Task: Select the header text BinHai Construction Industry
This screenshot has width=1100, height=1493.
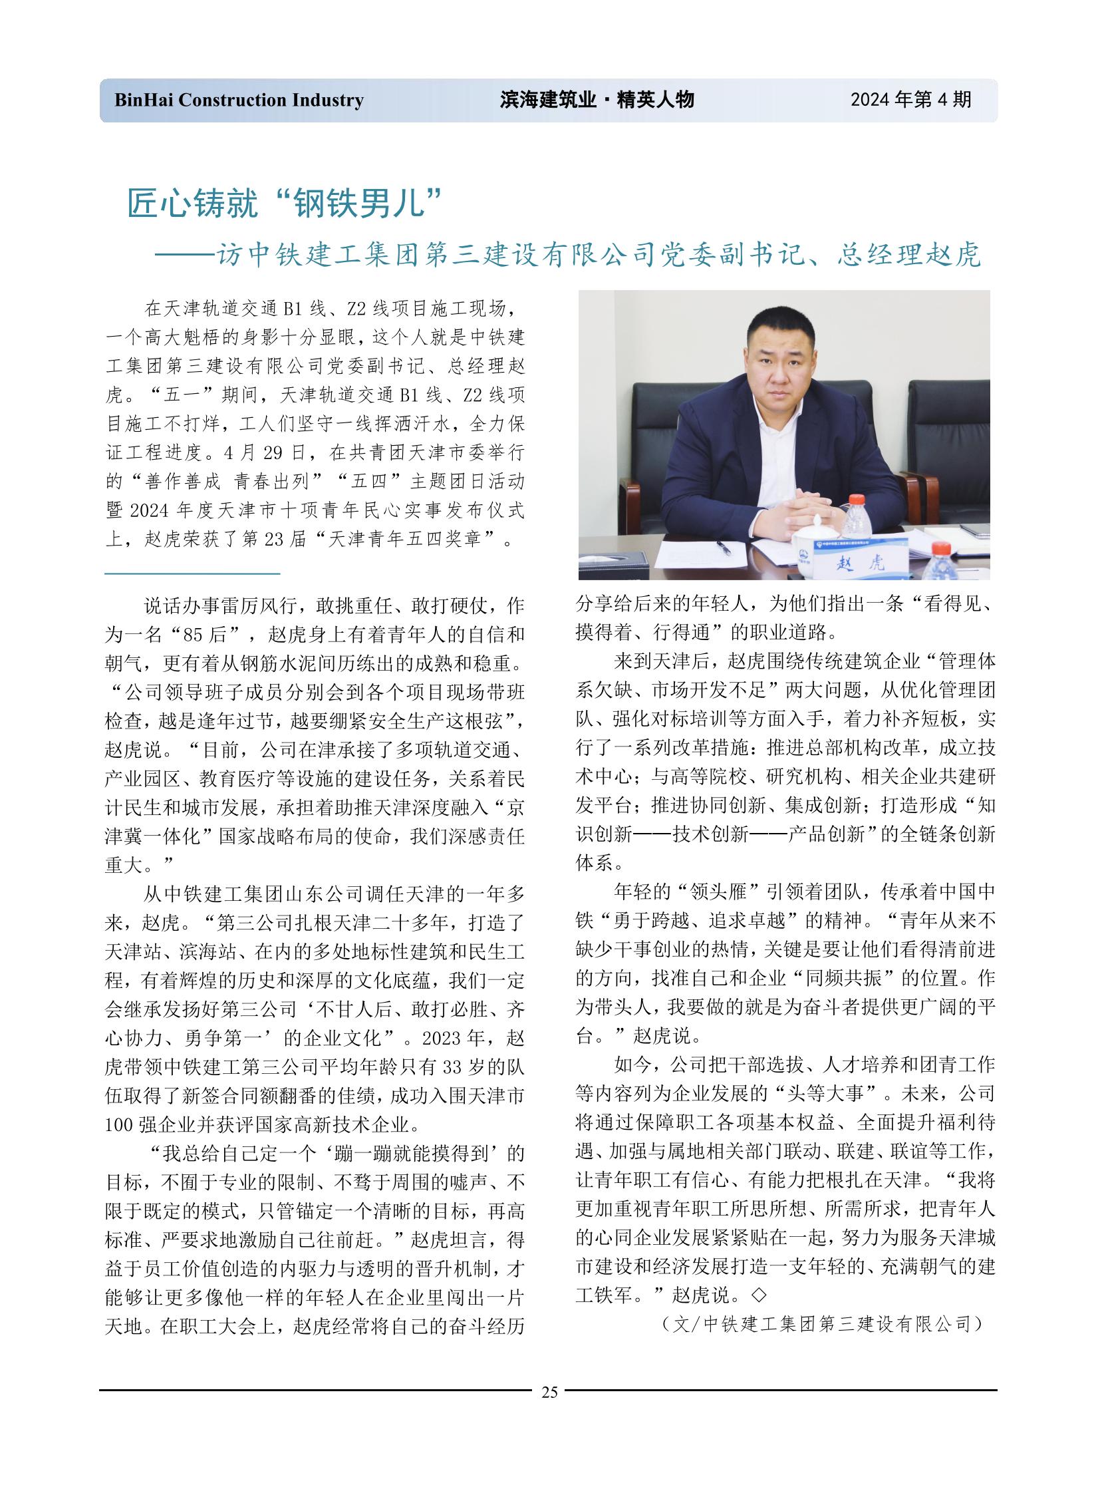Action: [x=239, y=100]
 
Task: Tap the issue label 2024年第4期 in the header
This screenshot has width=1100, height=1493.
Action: [x=910, y=100]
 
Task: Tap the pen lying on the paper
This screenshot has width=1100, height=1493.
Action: [x=724, y=547]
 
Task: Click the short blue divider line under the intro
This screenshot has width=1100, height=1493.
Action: [x=192, y=573]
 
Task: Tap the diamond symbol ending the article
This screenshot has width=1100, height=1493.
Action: [x=757, y=1295]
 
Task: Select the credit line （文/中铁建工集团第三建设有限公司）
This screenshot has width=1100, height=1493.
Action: [x=821, y=1324]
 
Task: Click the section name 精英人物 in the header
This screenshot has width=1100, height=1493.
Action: [x=655, y=100]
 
